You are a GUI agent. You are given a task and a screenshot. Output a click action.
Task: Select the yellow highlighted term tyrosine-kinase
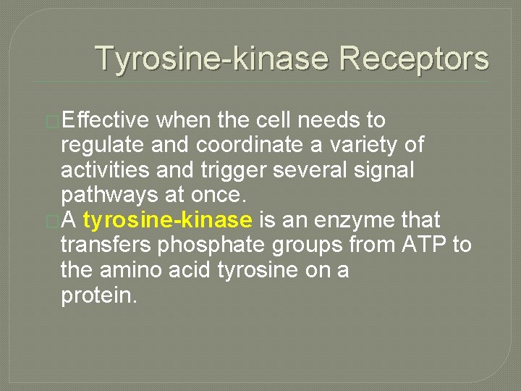(168, 220)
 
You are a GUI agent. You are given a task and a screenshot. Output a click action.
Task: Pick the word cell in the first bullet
(279, 120)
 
